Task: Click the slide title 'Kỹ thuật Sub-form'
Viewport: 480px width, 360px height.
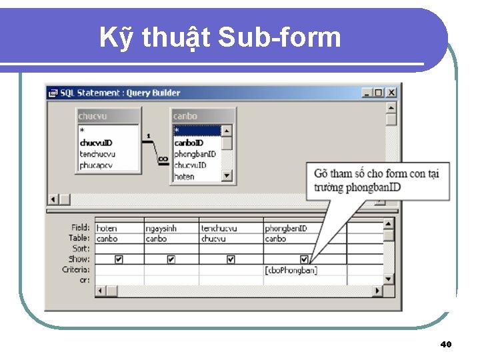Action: click(x=220, y=37)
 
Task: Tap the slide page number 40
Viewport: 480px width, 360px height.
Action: click(x=446, y=345)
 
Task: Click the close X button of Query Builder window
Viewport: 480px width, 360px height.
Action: click(x=391, y=93)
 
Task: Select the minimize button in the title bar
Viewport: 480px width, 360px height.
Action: click(x=367, y=93)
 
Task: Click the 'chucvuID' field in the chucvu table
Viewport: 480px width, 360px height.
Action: click(x=96, y=143)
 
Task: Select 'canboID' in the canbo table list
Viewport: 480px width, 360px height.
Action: click(x=189, y=143)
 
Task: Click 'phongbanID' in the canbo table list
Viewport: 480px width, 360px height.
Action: click(x=195, y=154)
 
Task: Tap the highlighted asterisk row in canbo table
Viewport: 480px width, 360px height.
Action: click(x=197, y=131)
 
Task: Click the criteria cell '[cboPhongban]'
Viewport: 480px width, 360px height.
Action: click(x=291, y=270)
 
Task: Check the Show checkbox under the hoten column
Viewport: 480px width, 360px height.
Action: click(x=119, y=259)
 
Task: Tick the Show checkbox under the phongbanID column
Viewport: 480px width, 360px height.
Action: click(x=304, y=259)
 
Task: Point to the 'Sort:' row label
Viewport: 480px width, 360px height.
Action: click(x=80, y=249)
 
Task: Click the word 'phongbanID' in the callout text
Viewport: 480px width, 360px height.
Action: click(x=374, y=187)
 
